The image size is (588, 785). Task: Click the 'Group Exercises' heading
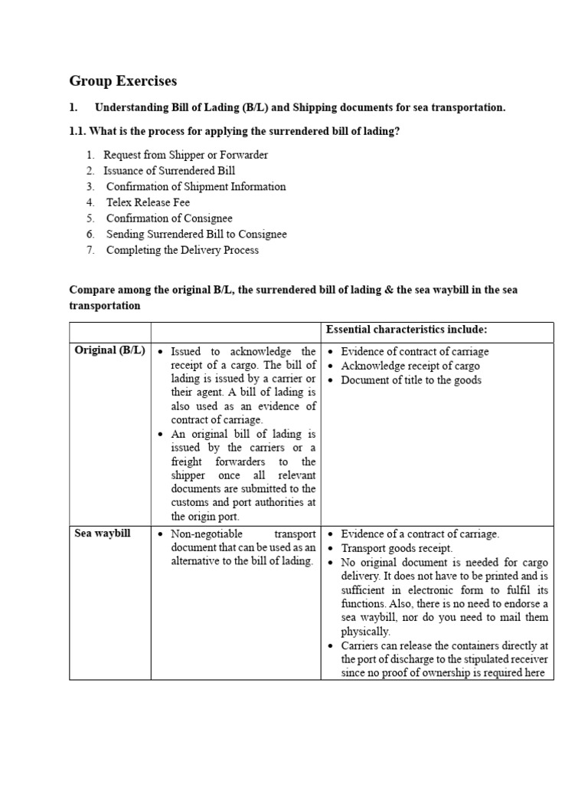[122, 80]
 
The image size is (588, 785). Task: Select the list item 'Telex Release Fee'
[148, 202]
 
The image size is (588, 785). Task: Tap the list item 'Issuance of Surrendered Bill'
[169, 171]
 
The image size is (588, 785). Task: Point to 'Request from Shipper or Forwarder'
[185, 155]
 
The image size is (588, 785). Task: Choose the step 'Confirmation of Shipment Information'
[196, 186]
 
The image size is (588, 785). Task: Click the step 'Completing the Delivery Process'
[182, 250]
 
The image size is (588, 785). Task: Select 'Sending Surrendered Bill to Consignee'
[196, 234]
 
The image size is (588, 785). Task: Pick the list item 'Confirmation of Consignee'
[169, 218]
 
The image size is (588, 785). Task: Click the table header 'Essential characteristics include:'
[407, 330]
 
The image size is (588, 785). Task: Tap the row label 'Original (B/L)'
[109, 351]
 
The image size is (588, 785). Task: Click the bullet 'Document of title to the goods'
[411, 380]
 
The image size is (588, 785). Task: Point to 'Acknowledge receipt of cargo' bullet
[410, 366]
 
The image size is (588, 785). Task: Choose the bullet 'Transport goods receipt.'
[397, 548]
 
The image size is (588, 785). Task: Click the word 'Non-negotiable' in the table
[204, 534]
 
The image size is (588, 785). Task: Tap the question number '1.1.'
[80, 131]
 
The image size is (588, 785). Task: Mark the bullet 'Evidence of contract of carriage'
[414, 351]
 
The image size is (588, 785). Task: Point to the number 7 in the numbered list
[90, 250]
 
